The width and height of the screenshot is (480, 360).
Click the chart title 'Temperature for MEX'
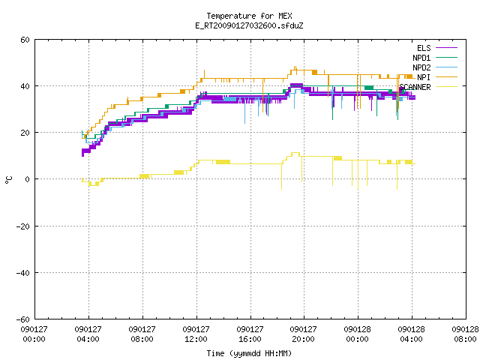click(x=249, y=16)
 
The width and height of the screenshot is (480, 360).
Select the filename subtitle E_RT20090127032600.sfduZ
click(x=249, y=25)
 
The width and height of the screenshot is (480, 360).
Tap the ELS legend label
click(x=424, y=48)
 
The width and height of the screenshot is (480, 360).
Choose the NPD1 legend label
click(x=421, y=58)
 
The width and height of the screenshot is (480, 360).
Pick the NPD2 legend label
click(x=421, y=67)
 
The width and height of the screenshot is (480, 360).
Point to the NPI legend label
click(x=424, y=77)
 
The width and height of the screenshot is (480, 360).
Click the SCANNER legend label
click(x=415, y=87)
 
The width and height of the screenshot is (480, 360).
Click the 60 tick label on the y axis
click(x=25, y=40)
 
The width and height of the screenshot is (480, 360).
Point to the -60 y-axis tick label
click(x=22, y=319)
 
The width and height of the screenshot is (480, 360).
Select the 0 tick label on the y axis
click(x=27, y=179)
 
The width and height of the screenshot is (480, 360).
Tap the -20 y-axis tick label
click(x=22, y=226)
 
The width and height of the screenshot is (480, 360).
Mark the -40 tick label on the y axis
click(x=22, y=273)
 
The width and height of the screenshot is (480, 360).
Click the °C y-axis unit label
click(x=8, y=180)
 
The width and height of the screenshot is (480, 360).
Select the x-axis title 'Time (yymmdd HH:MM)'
click(x=249, y=353)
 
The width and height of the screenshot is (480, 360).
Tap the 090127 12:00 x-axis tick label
click(x=196, y=334)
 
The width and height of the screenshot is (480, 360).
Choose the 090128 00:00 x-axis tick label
click(x=357, y=334)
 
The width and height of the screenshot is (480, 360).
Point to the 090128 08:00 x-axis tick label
click(x=465, y=334)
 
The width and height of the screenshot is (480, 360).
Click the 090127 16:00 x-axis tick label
click(x=250, y=334)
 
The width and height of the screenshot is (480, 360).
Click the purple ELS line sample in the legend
click(x=446, y=48)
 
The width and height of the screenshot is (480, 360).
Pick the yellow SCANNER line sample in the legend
click(x=446, y=87)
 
